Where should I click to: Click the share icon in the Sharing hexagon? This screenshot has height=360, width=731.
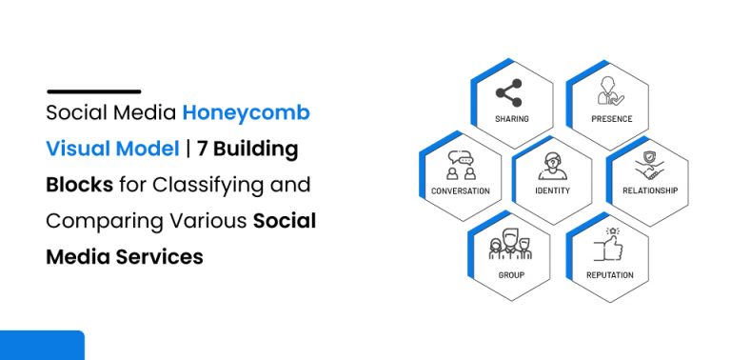[x=510, y=94]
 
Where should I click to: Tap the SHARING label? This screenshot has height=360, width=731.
[x=511, y=119]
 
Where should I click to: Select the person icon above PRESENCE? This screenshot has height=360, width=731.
[x=606, y=92]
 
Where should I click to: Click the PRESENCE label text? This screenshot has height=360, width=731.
[x=610, y=119]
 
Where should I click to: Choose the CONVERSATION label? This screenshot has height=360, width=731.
[x=461, y=190]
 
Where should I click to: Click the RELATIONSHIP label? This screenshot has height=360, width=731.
[x=650, y=190]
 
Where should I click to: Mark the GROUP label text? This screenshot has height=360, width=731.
[x=511, y=275]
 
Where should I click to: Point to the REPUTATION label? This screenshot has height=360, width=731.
[x=610, y=275]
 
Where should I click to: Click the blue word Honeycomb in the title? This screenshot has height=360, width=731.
[x=247, y=114]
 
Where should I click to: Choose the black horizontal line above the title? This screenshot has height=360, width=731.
[x=93, y=91]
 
